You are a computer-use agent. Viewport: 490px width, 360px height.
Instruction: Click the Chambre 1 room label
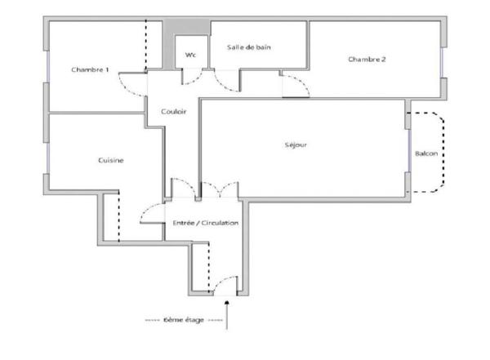pos(90,69)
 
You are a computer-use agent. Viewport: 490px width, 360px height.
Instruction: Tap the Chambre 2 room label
pos(367,59)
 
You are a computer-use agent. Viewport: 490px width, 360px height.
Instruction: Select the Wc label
pos(190,55)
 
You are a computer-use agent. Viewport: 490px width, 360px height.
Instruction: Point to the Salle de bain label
pos(249,47)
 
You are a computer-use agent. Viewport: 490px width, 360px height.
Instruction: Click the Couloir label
pos(174,111)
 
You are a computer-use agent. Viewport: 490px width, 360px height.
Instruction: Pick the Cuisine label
pos(111,160)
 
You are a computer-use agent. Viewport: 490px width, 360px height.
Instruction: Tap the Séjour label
pos(296,144)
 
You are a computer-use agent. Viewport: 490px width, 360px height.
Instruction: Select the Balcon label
pos(426,153)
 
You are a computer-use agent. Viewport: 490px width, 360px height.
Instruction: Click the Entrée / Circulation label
pos(206,223)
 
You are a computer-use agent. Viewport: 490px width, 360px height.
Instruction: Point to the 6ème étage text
pos(184,320)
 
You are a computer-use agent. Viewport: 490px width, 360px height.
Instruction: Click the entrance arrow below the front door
pos(227,315)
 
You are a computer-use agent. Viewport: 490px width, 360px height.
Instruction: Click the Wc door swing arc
pos(196,81)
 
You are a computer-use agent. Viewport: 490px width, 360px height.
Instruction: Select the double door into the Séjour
pos(220,187)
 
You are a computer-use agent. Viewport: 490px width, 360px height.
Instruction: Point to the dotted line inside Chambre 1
pos(146,46)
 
